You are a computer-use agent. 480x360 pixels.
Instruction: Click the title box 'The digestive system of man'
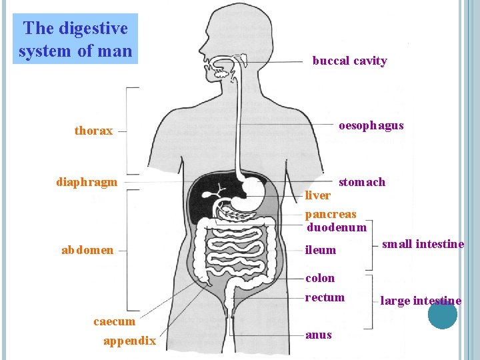75,39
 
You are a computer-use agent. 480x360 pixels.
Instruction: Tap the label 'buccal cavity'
349,61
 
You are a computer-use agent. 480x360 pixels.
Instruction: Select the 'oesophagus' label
371,125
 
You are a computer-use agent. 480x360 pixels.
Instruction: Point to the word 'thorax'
93,131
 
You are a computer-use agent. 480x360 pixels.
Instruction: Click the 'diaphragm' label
87,181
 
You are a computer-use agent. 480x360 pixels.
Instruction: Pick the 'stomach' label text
361,182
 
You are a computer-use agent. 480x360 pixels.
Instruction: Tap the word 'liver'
317,195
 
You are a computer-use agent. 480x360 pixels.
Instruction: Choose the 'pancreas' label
331,214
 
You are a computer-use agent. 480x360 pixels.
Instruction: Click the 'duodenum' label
336,227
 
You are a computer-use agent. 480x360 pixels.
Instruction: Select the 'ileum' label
320,250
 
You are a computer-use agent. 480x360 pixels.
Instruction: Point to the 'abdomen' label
87,250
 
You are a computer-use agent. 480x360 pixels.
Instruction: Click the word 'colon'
320,277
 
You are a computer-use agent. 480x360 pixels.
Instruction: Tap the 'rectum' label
325,297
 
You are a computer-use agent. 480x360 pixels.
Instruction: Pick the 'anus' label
318,335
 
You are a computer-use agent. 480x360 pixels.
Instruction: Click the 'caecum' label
114,321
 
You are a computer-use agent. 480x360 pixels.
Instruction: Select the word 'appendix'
129,341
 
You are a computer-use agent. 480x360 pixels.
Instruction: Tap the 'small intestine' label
423,244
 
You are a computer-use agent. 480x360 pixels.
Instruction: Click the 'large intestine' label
421,301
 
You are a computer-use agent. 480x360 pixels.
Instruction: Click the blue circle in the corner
442,314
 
